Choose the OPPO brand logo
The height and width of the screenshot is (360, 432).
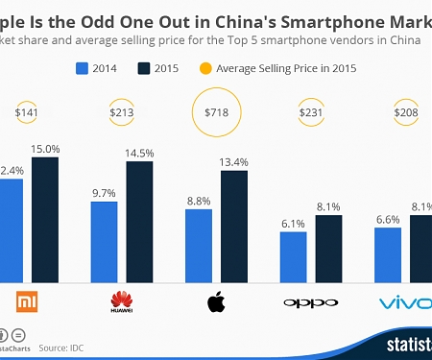coord(311,303)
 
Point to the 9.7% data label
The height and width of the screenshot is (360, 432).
coord(104,193)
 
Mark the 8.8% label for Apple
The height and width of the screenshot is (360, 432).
coord(199,201)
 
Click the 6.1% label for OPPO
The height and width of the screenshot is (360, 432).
coord(293,224)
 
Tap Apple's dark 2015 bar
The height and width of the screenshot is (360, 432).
coord(234,226)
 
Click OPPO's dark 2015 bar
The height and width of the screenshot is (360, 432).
coord(328,248)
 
